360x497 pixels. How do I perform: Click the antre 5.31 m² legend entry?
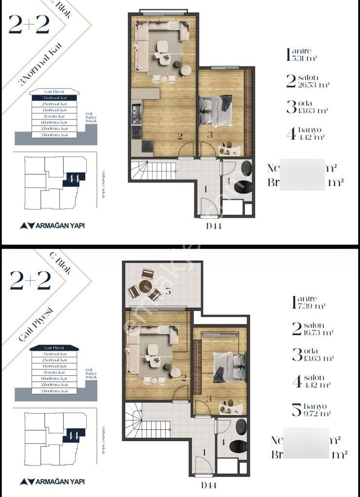302,54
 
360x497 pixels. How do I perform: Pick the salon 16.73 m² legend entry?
312,329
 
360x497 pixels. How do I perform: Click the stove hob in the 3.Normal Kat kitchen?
136,131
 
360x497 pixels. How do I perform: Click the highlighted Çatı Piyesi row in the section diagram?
54,348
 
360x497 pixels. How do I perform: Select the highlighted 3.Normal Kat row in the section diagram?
54,98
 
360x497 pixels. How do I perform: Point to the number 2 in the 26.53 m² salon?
180,137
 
